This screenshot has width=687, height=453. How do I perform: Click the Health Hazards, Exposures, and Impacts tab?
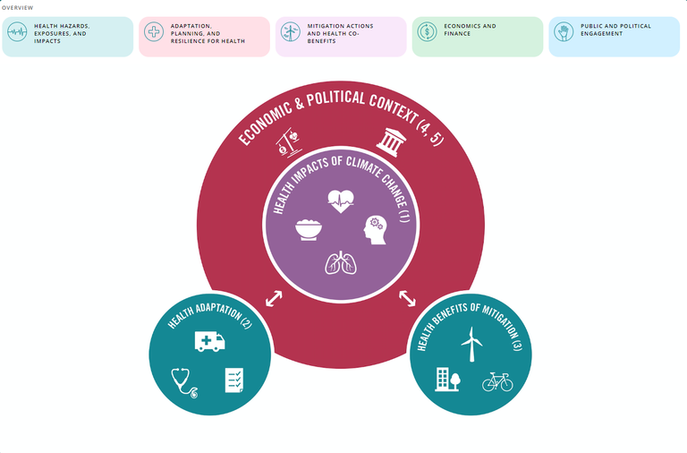click(x=68, y=36)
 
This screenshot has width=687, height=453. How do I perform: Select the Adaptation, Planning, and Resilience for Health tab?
click(x=204, y=36)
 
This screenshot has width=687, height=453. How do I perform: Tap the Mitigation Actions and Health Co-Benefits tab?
click(x=341, y=36)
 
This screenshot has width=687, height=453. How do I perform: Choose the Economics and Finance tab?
click(x=478, y=36)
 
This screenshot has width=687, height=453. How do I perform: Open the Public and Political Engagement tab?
click(x=615, y=36)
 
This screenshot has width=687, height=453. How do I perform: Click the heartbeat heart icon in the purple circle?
click(x=341, y=200)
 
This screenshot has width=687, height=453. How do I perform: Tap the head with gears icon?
click(x=373, y=230)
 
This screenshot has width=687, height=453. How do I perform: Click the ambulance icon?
click(x=208, y=341)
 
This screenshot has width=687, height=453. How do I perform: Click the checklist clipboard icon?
click(x=233, y=380)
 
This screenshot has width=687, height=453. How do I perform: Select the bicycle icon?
click(x=496, y=382)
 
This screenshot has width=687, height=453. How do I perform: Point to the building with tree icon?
click(x=447, y=379)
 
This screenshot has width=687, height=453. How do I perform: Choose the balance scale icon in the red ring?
click(x=287, y=141)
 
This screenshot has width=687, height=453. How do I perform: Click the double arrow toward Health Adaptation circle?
click(x=274, y=297)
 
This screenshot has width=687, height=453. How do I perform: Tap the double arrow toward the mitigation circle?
click(x=407, y=297)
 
